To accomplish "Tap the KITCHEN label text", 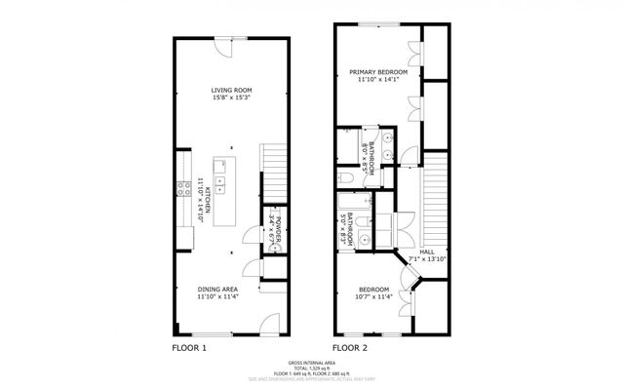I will pyautogui.click(x=204, y=188).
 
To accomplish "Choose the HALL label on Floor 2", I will pyautogui.click(x=427, y=253).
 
